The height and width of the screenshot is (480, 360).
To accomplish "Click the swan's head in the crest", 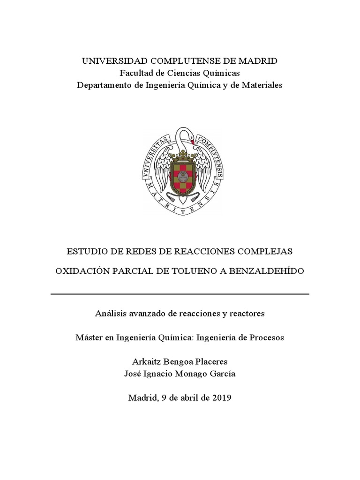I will click(x=188, y=136).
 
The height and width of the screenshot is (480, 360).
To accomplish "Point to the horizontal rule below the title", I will click(x=180, y=294).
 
